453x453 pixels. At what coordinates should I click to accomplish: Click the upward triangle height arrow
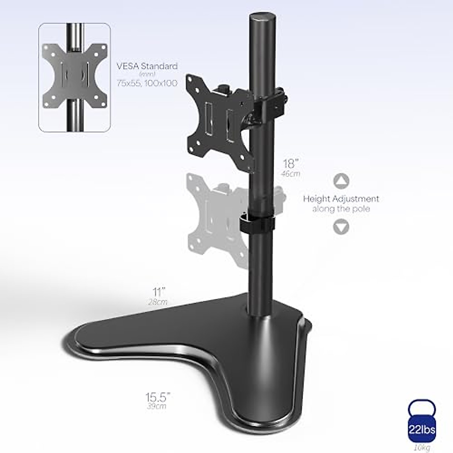pyautogui.click(x=341, y=181)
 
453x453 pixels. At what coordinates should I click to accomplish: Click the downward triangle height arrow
pyautogui.click(x=341, y=227)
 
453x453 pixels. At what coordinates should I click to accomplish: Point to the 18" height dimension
pyautogui.click(x=291, y=164)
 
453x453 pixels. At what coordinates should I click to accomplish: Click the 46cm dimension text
pyautogui.click(x=291, y=174)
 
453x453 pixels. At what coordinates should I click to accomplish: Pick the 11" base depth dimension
pyautogui.click(x=159, y=292)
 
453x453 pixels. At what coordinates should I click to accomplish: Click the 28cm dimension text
pyautogui.click(x=158, y=302)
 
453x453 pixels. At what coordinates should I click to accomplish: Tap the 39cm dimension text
pyautogui.click(x=157, y=407)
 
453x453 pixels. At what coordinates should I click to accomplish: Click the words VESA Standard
pyautogui.click(x=147, y=66)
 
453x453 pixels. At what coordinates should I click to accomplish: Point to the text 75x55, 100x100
pyautogui.click(x=147, y=83)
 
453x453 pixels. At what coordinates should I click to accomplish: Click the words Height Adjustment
pyautogui.click(x=341, y=199)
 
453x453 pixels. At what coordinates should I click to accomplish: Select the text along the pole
pyautogui.click(x=341, y=209)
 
